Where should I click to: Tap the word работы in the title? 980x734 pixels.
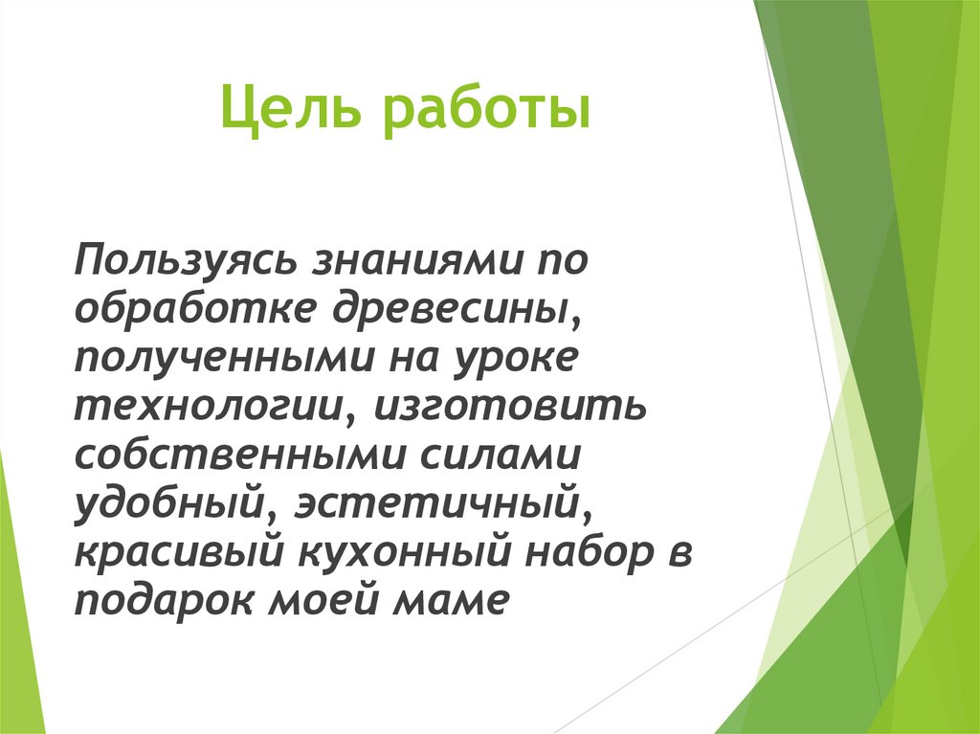485,113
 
